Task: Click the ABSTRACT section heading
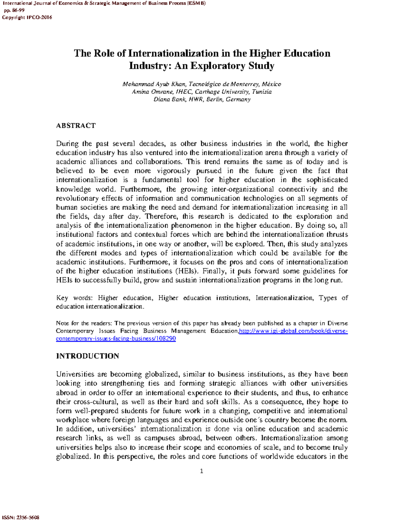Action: point(76,126)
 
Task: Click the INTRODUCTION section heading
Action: point(88,356)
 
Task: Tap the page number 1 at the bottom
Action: point(201,471)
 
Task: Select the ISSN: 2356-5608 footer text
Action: point(21,517)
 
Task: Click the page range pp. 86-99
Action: point(14,10)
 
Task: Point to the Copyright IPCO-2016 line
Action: point(27,18)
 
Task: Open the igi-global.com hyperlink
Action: point(293,331)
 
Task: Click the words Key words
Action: point(74,298)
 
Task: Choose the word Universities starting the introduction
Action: point(75,374)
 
